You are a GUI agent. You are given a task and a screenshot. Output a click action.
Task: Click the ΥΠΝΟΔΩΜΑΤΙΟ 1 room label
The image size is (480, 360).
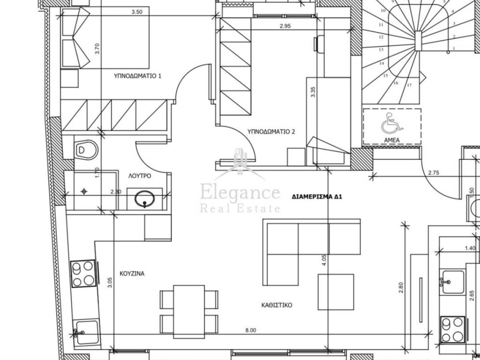click(x=137, y=76)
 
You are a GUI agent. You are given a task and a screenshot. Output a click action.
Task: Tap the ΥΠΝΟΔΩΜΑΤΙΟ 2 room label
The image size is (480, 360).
click(x=271, y=132)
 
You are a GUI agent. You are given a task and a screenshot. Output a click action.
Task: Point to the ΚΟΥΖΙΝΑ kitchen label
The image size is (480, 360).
click(x=132, y=273)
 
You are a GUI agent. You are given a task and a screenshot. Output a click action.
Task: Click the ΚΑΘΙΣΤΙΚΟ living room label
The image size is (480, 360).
click(x=277, y=305)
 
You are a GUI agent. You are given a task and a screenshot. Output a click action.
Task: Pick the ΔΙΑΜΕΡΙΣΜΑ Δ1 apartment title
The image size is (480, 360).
click(x=317, y=197)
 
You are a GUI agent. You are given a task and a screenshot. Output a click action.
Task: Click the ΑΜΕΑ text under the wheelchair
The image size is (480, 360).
click(x=392, y=140)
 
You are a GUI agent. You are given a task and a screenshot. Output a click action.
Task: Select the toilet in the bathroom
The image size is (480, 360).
click(x=85, y=150)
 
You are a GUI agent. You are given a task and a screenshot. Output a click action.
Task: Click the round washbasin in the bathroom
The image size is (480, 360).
click(x=144, y=199)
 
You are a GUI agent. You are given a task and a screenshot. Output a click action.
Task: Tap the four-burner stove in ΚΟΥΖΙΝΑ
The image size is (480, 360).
click(x=83, y=273)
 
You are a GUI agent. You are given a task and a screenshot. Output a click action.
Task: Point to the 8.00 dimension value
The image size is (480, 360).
click(x=250, y=330)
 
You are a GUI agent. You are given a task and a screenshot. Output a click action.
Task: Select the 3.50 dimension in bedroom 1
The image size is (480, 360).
click(x=137, y=12)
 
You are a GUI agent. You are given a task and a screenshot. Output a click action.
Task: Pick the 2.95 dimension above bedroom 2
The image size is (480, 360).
click(x=285, y=26)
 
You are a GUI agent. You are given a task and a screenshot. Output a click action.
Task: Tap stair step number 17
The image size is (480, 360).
click(x=409, y=85)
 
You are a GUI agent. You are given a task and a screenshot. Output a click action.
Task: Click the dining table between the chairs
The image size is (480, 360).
click(x=189, y=312)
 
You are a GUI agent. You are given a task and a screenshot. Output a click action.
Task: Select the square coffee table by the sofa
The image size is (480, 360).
click(x=336, y=292)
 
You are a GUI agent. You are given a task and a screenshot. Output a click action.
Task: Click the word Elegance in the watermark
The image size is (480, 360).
click(x=240, y=194)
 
